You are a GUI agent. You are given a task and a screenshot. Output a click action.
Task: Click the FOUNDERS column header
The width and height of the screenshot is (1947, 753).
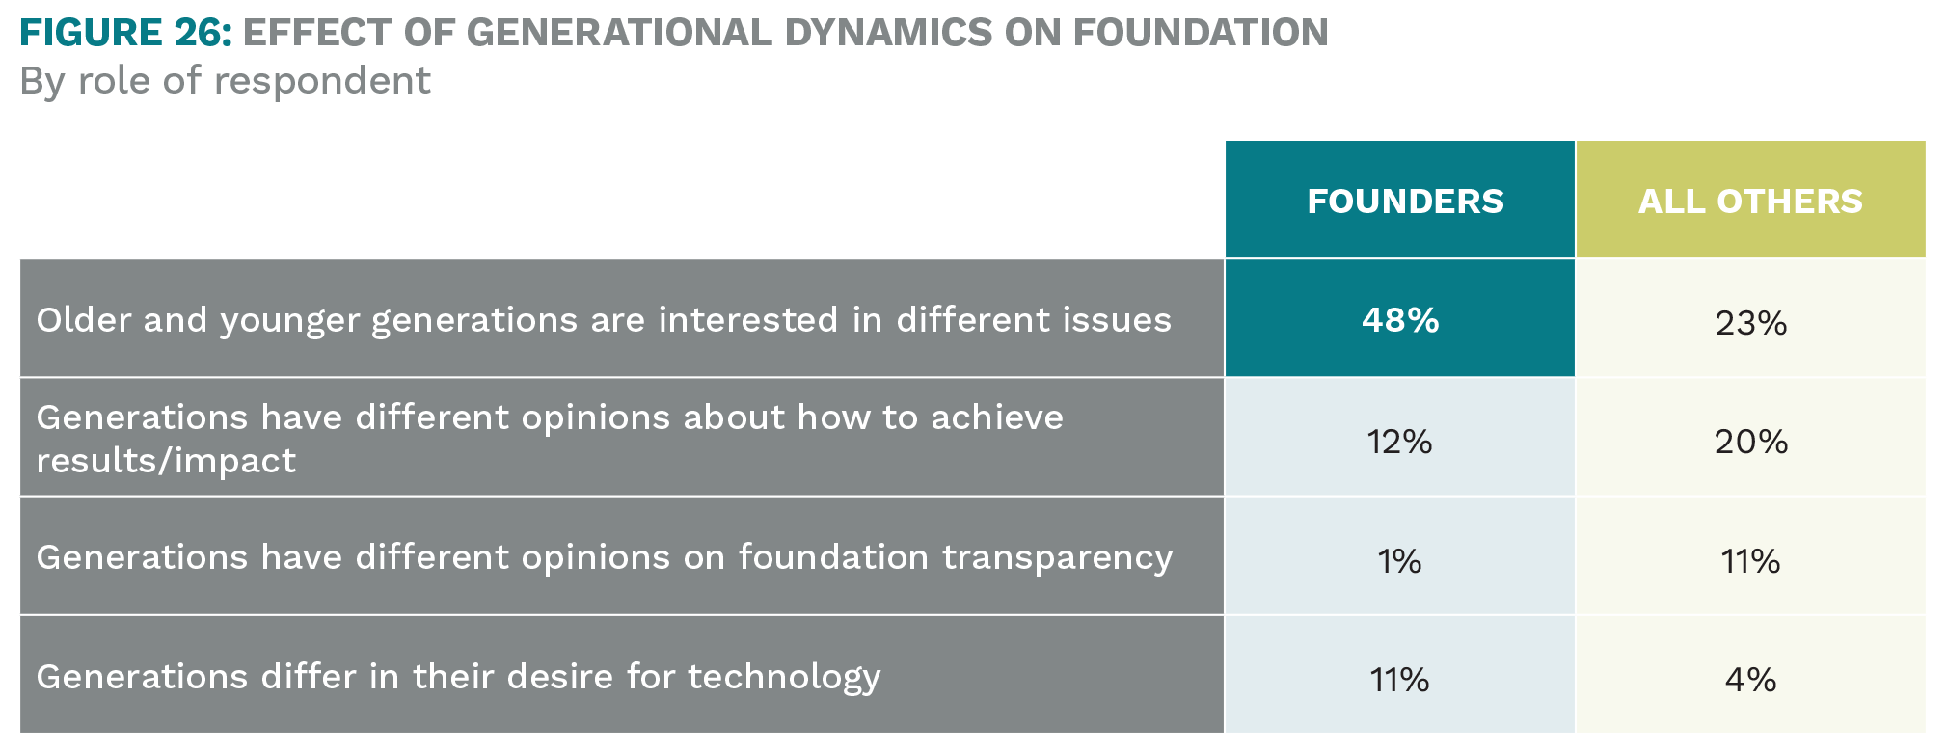[x=1405, y=201]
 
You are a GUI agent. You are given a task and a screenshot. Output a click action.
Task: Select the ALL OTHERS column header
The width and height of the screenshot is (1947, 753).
[x=1750, y=201]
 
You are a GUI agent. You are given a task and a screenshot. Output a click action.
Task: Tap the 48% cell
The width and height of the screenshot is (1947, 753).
[x=1400, y=319]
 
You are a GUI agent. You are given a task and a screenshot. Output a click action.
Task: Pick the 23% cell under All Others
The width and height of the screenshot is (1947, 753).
[x=1750, y=322]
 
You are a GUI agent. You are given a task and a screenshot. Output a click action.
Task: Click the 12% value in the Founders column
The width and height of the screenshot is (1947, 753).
[x=1399, y=442]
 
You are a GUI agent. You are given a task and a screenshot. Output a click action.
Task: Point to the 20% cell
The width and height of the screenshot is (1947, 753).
[x=1750, y=442]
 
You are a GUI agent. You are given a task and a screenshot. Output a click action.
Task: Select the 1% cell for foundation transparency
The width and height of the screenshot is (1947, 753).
[x=1399, y=560]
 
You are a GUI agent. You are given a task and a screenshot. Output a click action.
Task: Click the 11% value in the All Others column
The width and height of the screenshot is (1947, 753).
[x=1750, y=560]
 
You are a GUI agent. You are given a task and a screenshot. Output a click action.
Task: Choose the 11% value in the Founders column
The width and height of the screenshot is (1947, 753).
[x=1399, y=680]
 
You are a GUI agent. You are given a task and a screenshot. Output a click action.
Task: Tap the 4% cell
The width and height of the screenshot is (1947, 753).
[x=1750, y=680]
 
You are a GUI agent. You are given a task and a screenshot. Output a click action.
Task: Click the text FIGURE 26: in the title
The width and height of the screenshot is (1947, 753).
[x=125, y=33]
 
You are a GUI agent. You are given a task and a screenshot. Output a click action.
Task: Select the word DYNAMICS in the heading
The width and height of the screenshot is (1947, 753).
[x=888, y=33]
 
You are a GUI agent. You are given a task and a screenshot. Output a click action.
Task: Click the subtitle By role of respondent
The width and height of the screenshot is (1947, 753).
[x=225, y=81]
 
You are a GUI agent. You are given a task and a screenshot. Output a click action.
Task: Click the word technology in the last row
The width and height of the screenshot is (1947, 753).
[x=784, y=677]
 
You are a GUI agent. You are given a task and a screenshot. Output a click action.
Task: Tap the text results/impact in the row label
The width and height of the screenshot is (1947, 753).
[x=166, y=461]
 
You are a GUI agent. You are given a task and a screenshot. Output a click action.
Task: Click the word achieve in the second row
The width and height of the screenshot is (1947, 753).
[x=997, y=417]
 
